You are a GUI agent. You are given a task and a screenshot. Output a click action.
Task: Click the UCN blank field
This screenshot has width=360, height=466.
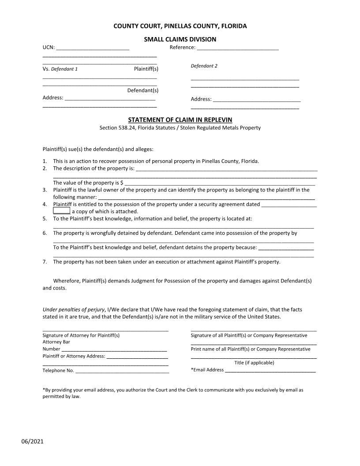(x=93, y=48)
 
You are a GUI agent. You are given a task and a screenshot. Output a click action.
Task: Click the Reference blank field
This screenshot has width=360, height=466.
(x=237, y=48)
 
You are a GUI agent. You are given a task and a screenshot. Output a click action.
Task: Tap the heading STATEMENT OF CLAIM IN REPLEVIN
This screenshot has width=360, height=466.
(x=180, y=120)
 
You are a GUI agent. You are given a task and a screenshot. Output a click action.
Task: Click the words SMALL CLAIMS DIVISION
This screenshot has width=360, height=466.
(x=180, y=39)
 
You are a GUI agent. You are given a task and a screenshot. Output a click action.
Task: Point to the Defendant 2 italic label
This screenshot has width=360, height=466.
(x=204, y=66)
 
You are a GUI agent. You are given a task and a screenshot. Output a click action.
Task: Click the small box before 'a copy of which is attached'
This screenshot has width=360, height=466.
(x=61, y=211)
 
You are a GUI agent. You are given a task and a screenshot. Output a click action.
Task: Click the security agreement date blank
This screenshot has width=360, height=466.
(x=289, y=204)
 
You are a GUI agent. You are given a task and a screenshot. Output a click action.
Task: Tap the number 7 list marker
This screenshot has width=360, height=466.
(x=45, y=262)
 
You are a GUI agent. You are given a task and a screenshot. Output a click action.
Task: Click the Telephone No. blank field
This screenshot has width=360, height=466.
(x=122, y=371)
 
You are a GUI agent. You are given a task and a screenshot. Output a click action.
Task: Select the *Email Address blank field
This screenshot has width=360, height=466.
(x=270, y=370)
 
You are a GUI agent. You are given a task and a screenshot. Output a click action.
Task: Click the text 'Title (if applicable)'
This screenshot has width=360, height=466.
(x=254, y=363)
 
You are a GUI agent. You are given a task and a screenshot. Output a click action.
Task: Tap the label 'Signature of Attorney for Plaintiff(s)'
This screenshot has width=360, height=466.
(x=81, y=335)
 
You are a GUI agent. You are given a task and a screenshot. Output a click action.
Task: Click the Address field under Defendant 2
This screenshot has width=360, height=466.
(x=256, y=99)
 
